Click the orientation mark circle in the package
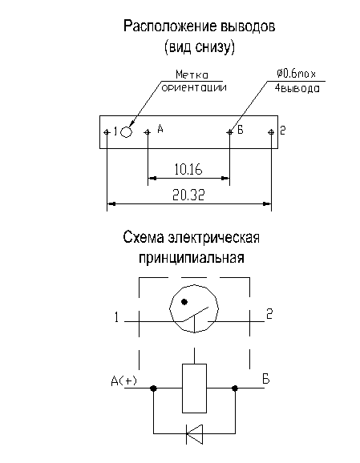[126, 132]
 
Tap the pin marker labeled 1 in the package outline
[107, 132]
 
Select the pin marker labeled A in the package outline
[148, 132]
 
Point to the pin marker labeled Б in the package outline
[229, 132]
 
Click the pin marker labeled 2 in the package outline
[271, 132]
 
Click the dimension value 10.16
[188, 170]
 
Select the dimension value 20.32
[188, 195]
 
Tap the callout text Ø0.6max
[296, 74]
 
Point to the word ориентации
[194, 87]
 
